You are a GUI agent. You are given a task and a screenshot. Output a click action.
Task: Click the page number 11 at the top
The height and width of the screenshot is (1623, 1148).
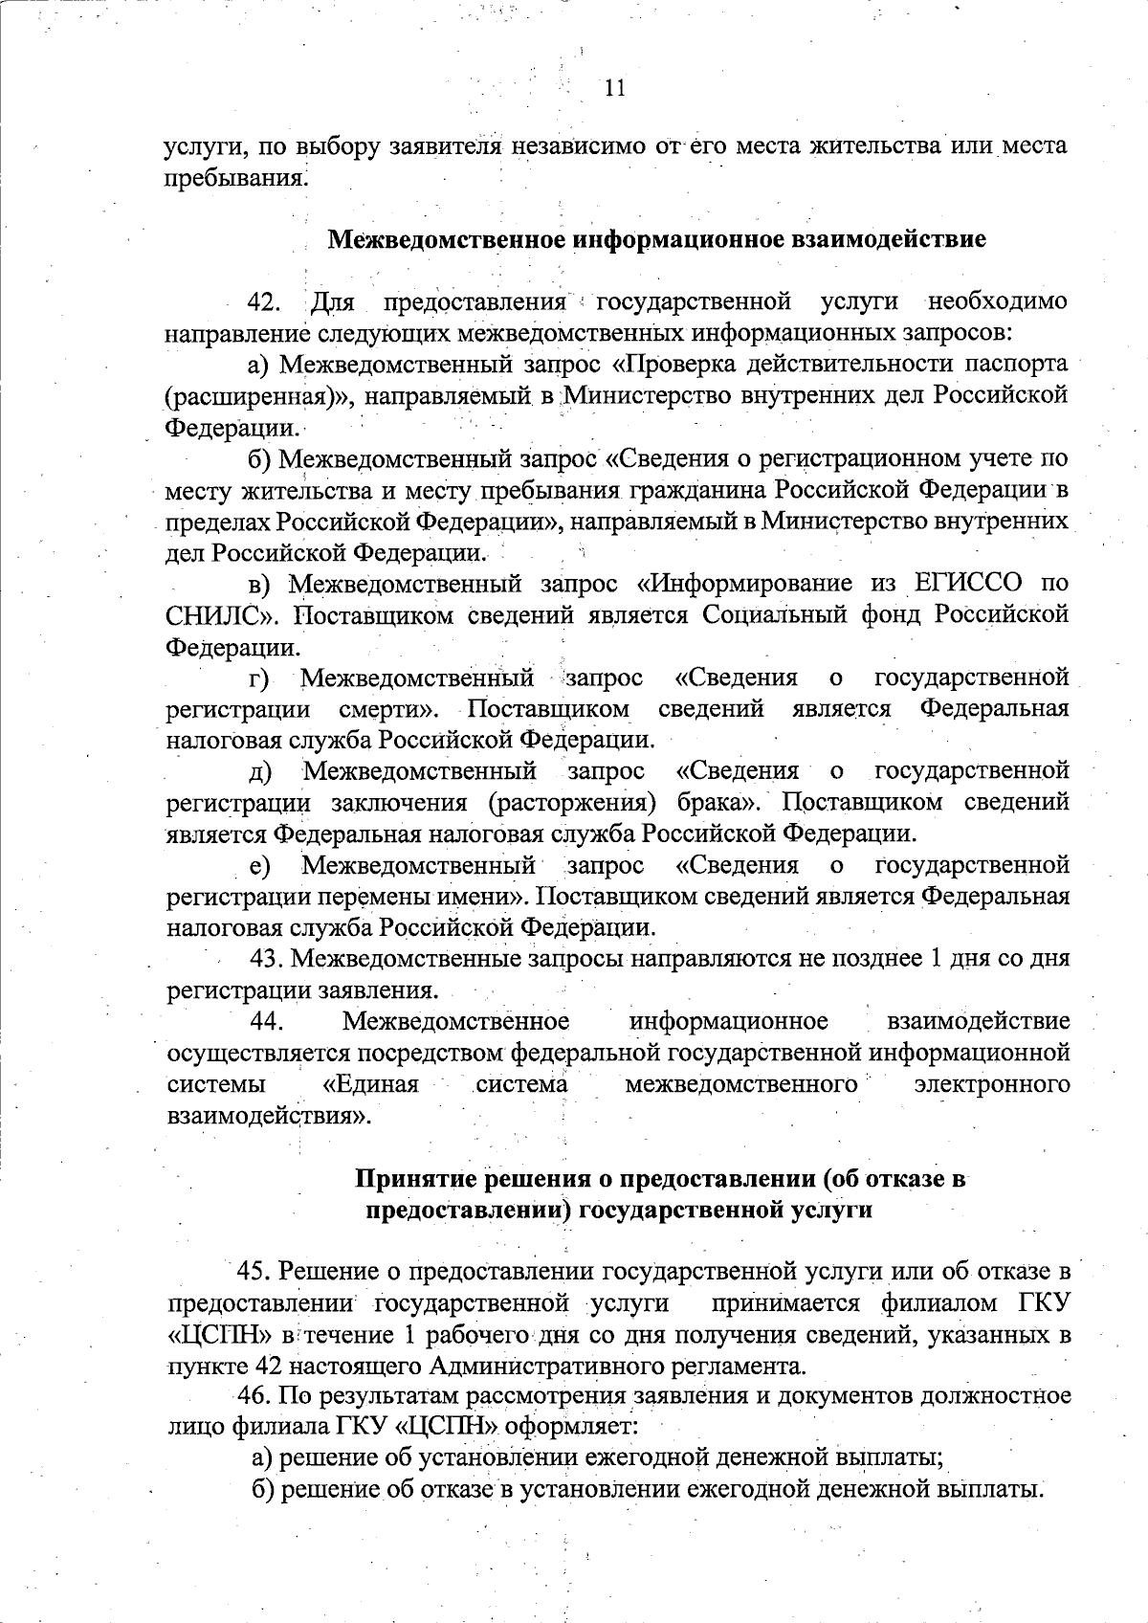pos(615,88)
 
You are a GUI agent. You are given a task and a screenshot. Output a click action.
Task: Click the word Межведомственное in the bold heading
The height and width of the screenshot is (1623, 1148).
pos(447,239)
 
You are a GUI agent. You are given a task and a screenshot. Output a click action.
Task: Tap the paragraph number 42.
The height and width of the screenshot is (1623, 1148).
pos(264,303)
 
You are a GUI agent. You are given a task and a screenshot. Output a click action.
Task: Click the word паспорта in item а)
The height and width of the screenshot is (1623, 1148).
pos(1016,365)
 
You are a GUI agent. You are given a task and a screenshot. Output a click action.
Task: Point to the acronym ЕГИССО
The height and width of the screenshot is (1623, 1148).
pos(967,583)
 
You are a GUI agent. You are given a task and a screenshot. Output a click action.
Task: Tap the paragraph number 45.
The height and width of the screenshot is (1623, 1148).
pos(255,1272)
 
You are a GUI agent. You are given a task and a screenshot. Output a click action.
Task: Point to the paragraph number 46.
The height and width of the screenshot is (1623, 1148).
pos(257,1395)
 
